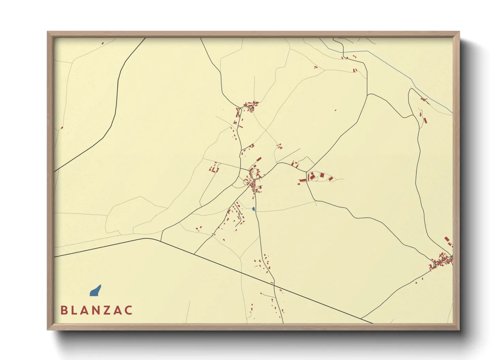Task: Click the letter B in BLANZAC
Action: [x=63, y=310]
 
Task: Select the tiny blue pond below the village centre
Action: [x=253, y=209]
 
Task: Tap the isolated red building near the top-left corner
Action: [x=103, y=43]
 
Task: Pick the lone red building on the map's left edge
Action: [x=62, y=128]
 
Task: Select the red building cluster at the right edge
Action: [x=442, y=260]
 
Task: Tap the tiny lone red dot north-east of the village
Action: [x=335, y=110]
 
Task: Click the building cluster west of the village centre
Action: [x=214, y=168]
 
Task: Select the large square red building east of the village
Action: [x=322, y=175]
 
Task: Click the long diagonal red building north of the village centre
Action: [x=259, y=159]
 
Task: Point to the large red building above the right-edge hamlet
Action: [x=447, y=239]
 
